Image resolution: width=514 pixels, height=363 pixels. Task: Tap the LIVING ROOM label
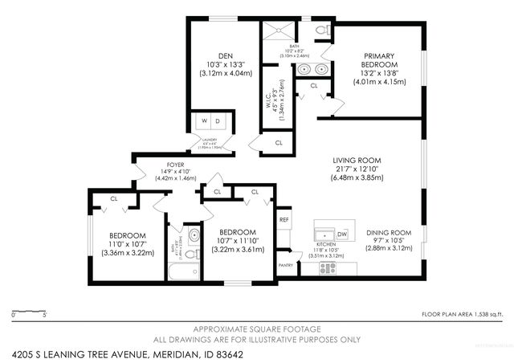tap(357, 160)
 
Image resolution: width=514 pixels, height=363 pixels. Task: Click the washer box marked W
tap(204, 122)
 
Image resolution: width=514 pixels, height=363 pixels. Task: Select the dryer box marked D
tap(219, 122)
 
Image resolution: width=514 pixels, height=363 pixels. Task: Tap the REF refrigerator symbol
tap(284, 219)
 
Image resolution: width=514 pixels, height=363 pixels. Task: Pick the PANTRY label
tap(284, 263)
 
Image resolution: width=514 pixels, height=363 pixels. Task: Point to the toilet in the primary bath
tap(322, 30)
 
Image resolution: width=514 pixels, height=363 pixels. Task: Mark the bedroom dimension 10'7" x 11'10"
tap(237, 239)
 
